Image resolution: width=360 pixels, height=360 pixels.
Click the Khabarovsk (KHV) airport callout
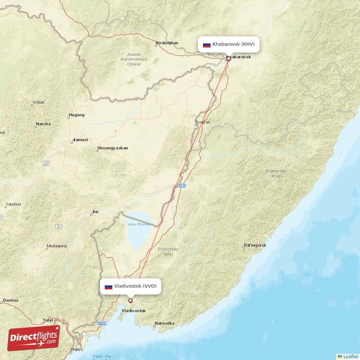point(229,45)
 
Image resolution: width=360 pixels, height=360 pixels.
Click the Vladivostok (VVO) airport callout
point(130,286)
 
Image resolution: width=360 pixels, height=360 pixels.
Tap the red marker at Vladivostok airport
point(130,301)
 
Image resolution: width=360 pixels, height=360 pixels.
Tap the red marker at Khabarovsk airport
point(228,58)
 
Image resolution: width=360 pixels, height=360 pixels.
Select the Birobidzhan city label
point(166,43)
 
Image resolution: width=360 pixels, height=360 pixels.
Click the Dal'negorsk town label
point(255,245)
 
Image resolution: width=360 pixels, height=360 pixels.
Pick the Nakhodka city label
point(164,323)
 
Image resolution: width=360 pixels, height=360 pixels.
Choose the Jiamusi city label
point(80,140)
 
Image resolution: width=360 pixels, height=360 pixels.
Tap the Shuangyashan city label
point(112,148)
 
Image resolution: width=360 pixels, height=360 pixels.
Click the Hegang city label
point(76,115)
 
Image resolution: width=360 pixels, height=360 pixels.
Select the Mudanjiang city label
point(56,246)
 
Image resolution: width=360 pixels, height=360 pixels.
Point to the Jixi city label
point(94,211)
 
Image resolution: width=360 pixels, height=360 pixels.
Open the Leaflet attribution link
point(347,356)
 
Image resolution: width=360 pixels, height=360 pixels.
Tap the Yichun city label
point(38,102)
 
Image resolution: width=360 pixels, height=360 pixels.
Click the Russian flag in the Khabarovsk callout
point(207,45)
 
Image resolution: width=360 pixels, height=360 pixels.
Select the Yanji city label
point(47,320)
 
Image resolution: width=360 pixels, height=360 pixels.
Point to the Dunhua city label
point(10,300)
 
